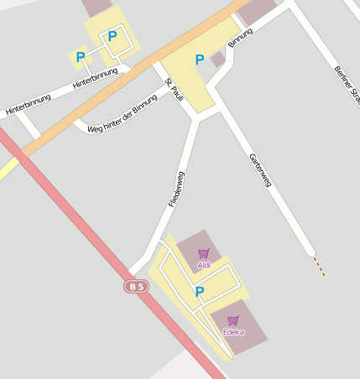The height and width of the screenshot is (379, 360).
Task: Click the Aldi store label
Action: click(204, 266)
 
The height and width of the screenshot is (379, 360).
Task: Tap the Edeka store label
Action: click(233, 332)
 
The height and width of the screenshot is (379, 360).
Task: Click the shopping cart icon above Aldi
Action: click(203, 253)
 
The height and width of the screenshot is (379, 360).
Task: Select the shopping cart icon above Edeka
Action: click(232, 319)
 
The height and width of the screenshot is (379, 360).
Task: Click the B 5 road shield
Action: click(135, 287)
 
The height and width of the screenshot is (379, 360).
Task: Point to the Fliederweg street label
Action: click(176, 189)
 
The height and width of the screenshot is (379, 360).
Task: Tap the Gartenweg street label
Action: click(261, 170)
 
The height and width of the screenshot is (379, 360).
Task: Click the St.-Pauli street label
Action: click(175, 90)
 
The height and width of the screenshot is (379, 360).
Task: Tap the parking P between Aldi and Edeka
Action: click(200, 292)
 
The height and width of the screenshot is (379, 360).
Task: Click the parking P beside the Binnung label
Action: click(200, 60)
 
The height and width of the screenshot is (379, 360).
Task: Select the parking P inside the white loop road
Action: click(112, 37)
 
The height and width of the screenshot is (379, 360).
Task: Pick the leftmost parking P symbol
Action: click(81, 57)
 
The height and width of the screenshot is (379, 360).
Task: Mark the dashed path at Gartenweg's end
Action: click(319, 267)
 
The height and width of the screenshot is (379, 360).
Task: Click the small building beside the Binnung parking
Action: click(218, 60)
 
